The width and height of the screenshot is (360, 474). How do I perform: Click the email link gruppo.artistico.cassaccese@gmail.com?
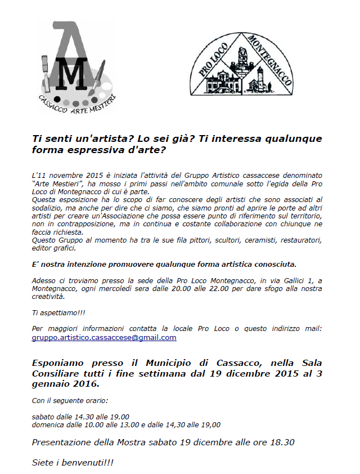104,338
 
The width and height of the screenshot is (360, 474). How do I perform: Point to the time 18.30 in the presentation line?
281,442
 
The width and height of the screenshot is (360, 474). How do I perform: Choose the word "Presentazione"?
64,442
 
